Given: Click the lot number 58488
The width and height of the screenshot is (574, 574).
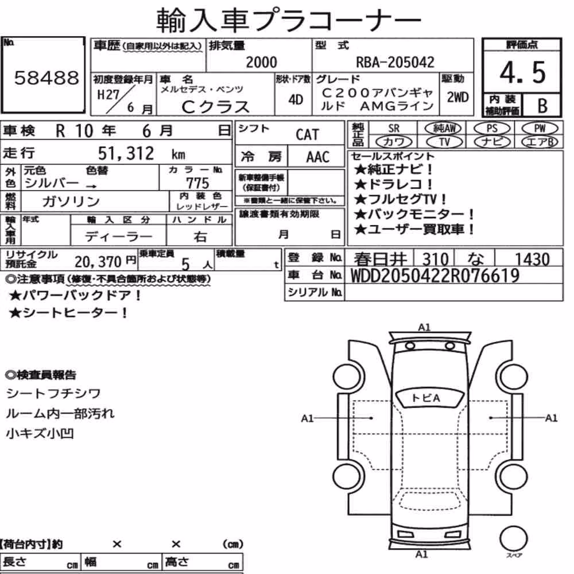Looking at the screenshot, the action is coord(46,77).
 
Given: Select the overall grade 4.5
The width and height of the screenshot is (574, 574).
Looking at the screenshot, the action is coord(522,72).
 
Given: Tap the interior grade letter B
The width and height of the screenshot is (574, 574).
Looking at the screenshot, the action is coord(542,106).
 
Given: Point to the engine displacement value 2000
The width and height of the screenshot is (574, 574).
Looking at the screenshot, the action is coord(261,62).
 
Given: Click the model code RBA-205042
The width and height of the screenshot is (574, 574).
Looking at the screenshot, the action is coord(395,62).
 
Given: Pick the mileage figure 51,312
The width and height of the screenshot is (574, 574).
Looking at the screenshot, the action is coord(126,153).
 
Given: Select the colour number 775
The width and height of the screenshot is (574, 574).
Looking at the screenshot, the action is coord(197,183).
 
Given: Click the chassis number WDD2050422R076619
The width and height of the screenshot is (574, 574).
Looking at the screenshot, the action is coord(435,276).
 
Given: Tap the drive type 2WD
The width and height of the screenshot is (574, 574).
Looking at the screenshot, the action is coord(457,98).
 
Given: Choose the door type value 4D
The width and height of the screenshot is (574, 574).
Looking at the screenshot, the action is coord(296,99).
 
